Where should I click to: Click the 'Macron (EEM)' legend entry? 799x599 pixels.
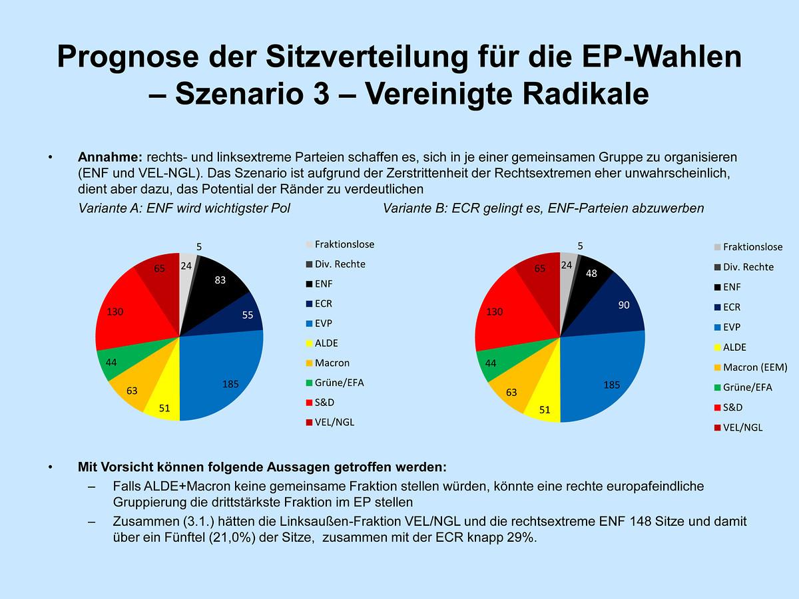pyautogui.click(x=754, y=367)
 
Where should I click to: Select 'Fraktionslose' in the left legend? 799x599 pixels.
pyautogui.click(x=344, y=244)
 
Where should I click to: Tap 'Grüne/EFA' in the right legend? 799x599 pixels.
pyautogui.click(x=748, y=387)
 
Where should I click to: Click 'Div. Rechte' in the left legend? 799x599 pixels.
pyautogui.click(x=340, y=264)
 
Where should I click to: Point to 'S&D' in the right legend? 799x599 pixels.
pyautogui.click(x=732, y=407)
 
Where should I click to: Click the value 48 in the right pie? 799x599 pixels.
pyautogui.click(x=591, y=273)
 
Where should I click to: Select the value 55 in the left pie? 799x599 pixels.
pyautogui.click(x=247, y=315)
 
